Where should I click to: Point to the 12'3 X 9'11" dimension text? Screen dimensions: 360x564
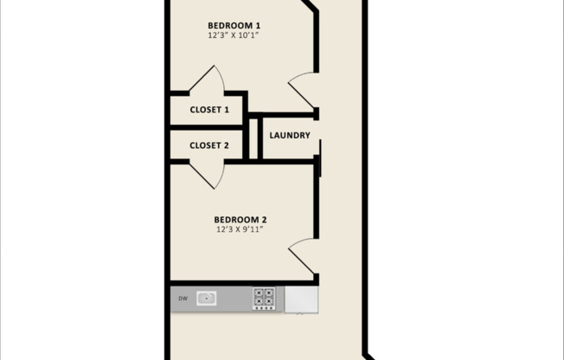pos(239,230)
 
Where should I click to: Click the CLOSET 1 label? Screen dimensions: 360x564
pos(209,110)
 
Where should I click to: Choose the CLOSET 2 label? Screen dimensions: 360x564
pos(208,145)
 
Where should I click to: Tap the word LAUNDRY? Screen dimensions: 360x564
pos(290,135)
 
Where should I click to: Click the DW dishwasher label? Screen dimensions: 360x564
pos(183,299)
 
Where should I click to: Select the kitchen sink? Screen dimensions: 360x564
pos(206,299)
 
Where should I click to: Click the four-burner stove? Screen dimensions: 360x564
pos(264,299)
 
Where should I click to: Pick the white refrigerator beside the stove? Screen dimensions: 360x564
pos(301,299)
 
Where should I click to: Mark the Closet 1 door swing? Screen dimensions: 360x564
pos(208,81)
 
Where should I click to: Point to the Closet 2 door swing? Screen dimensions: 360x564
pos(208,173)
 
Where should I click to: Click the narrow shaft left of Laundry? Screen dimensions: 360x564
pos(254,137)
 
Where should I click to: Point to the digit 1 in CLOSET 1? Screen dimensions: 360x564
pos(227,110)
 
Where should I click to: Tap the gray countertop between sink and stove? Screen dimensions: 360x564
pos(234,299)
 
